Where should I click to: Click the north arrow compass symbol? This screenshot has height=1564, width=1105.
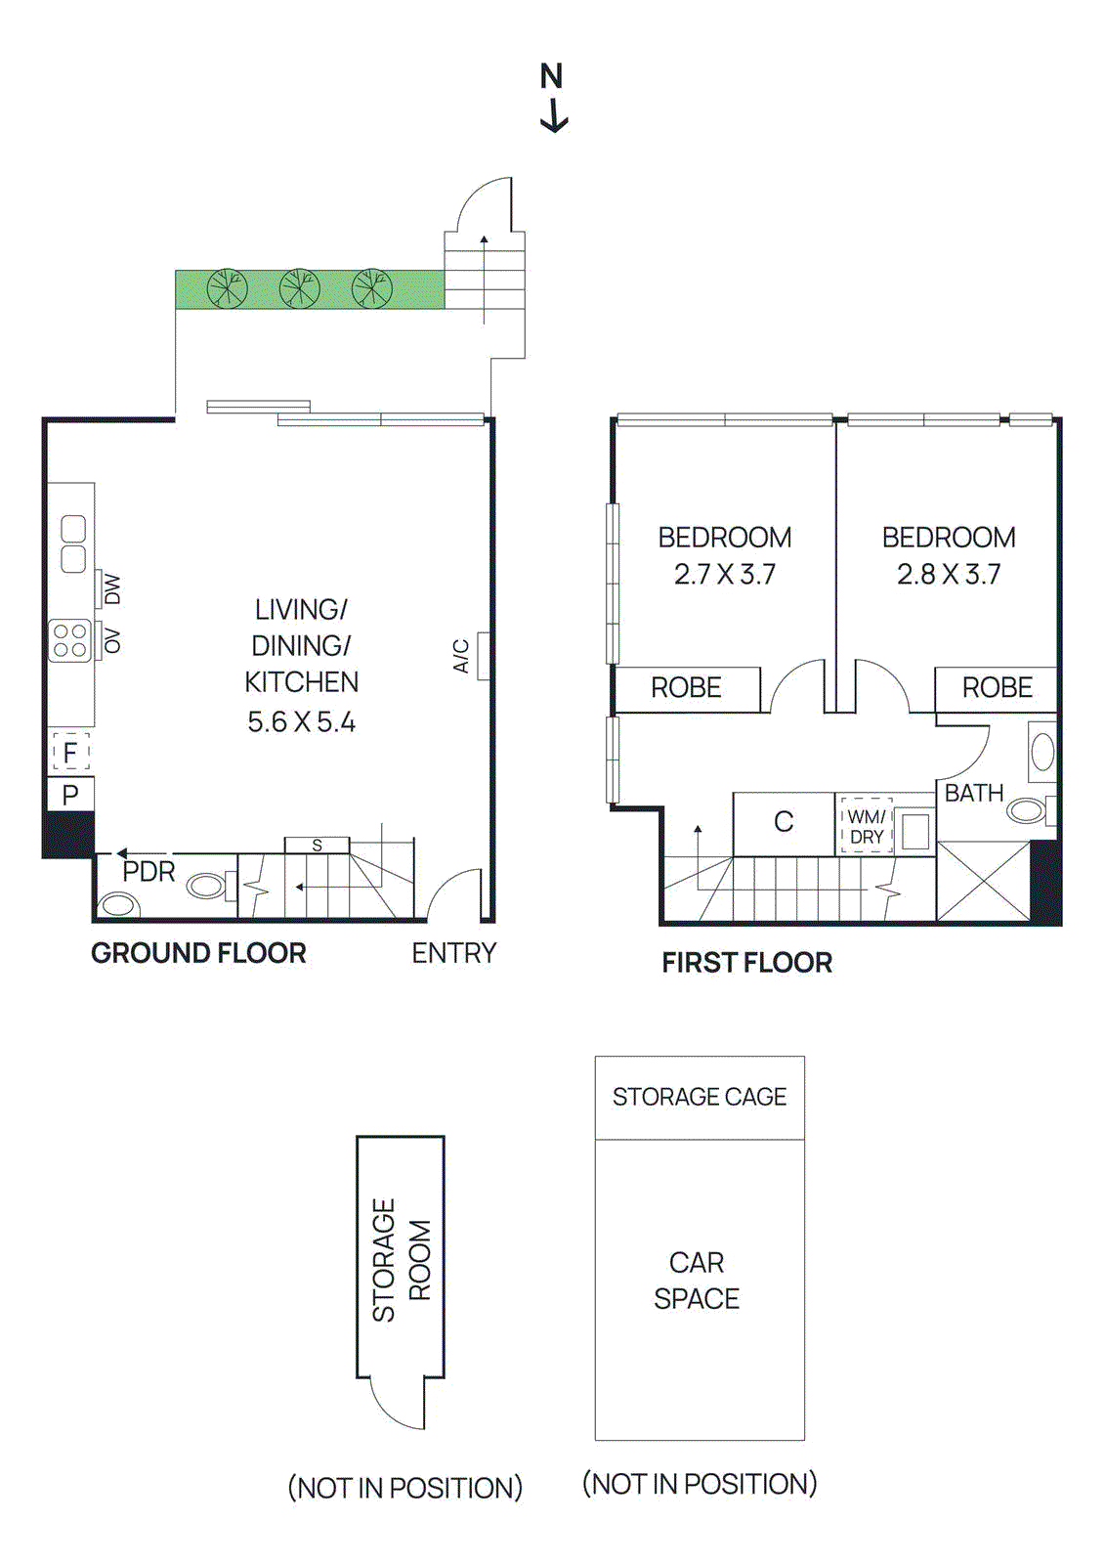point(553,98)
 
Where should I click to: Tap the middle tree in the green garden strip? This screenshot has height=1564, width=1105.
point(299,288)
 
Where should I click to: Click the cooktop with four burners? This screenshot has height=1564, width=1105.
point(70,641)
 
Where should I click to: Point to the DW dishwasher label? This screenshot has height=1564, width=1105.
point(112,589)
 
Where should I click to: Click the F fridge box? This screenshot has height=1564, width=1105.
point(70,753)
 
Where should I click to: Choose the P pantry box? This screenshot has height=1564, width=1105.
point(70,795)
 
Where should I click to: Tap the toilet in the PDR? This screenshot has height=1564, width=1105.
point(207,886)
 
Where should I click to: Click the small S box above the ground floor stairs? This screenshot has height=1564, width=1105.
point(317,846)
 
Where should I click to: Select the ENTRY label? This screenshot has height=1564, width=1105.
point(453,953)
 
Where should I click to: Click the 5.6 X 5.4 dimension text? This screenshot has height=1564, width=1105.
point(301,722)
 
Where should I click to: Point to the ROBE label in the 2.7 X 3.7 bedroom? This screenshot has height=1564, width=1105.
point(686,688)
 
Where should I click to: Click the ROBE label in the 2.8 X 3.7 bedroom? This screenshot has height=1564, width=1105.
point(997,688)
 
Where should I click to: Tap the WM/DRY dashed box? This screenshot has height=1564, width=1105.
point(867,827)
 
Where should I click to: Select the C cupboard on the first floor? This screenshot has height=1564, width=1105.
point(784,822)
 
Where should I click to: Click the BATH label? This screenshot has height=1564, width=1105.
point(973,793)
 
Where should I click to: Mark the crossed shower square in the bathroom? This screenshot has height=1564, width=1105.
point(983,882)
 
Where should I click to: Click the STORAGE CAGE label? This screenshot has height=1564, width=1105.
point(700,1097)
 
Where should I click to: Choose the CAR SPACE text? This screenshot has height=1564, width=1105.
point(697,1281)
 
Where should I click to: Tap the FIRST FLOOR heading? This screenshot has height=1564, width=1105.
point(746,963)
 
